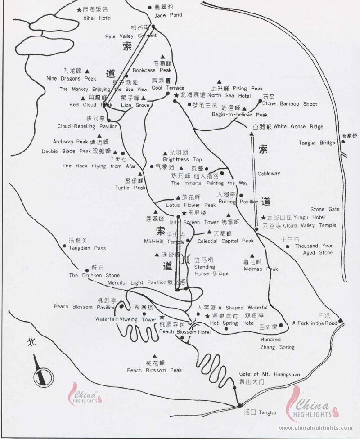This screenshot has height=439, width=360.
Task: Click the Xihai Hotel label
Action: (x=98, y=18)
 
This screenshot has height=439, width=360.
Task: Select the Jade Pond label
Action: (x=168, y=15)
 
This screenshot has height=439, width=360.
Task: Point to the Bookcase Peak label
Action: (x=152, y=70)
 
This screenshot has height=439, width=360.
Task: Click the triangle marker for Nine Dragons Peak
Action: (x=87, y=71)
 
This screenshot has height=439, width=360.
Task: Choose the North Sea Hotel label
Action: (x=229, y=95)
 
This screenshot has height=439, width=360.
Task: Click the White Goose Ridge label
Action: (x=298, y=127)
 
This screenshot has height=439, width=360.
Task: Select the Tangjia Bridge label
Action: (x=317, y=143)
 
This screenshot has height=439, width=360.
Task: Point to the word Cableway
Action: (x=269, y=174)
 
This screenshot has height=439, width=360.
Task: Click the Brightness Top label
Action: (x=182, y=160)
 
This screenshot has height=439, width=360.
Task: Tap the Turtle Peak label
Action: (x=133, y=188)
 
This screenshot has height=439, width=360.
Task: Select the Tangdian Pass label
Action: (x=87, y=248)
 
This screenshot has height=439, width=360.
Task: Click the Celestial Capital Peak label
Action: (x=225, y=241)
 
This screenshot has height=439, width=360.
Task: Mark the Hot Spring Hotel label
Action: (x=232, y=323)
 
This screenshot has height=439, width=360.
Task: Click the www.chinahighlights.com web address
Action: (x=316, y=427)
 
